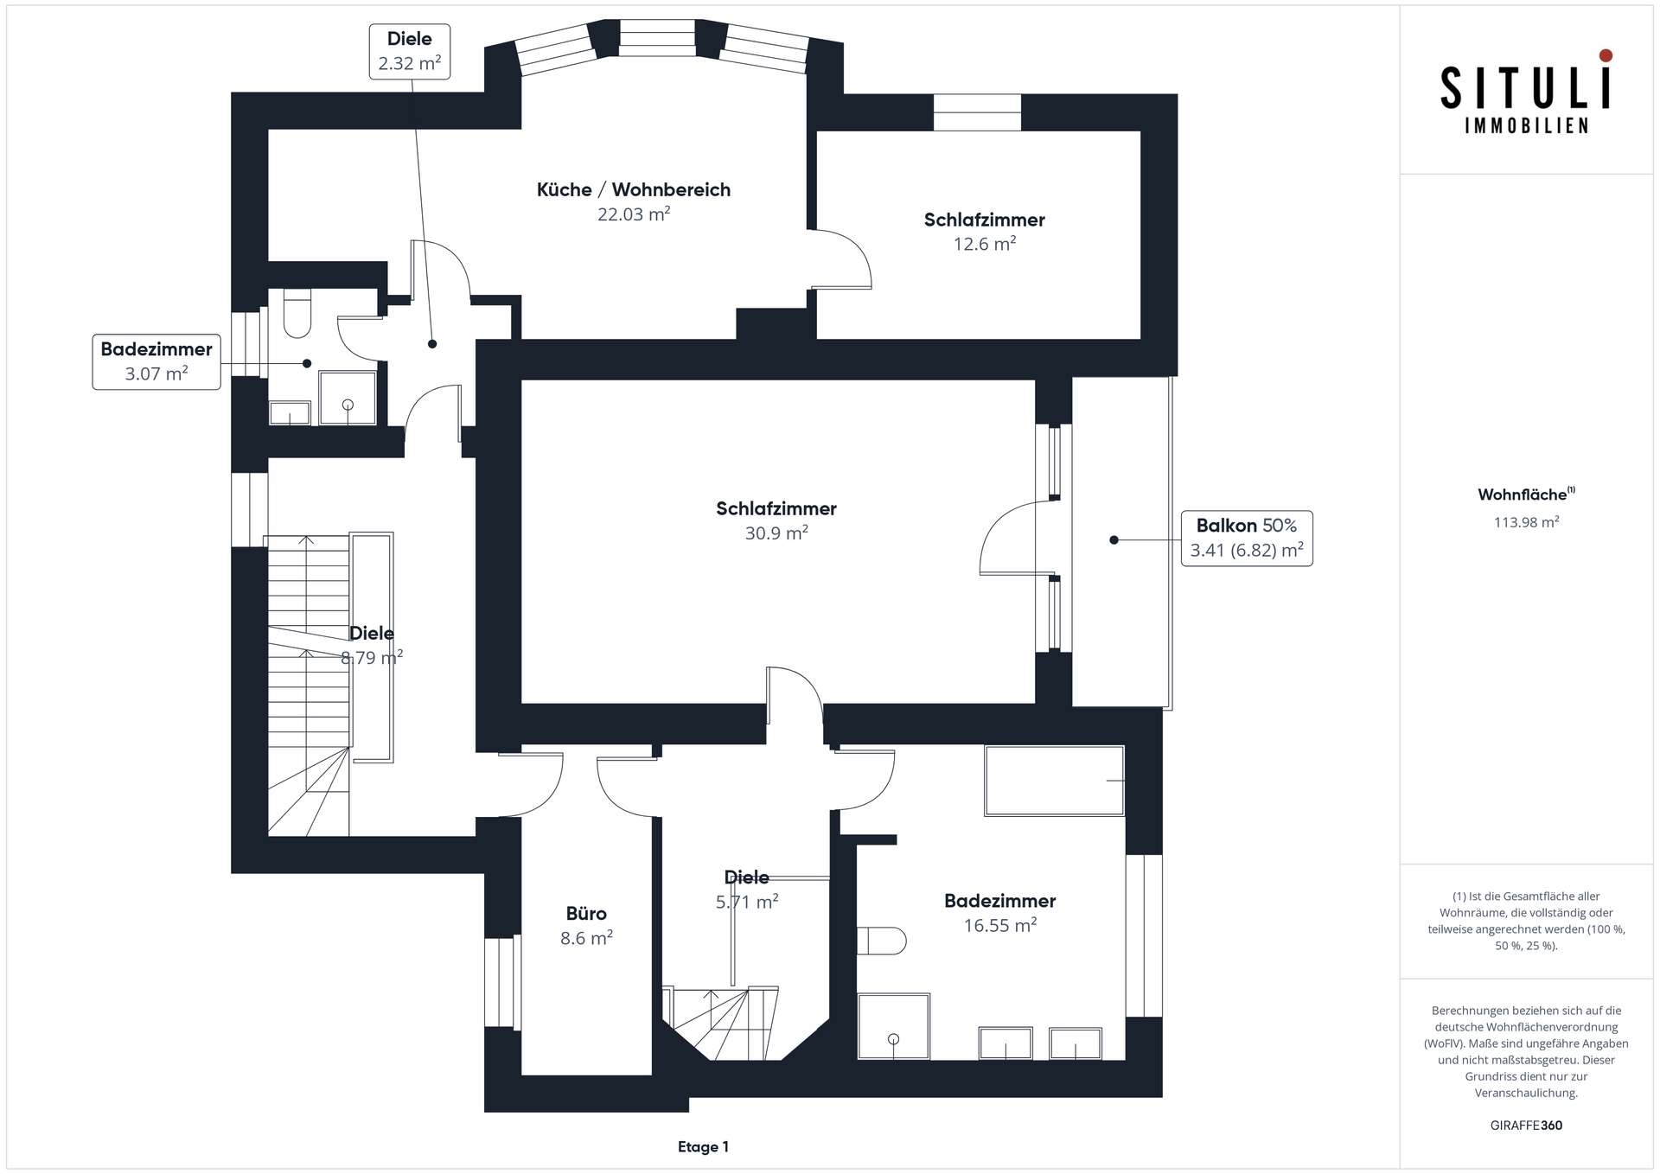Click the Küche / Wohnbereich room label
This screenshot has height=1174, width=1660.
tap(633, 190)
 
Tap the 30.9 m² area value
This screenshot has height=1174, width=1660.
tap(776, 533)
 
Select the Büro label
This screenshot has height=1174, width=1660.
tap(586, 913)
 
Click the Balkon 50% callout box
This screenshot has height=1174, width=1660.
tap(1247, 539)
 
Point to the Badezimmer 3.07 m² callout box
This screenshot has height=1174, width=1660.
tap(156, 362)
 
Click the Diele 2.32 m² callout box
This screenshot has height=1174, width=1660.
tap(410, 52)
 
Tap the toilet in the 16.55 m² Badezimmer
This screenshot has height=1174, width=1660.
tap(881, 941)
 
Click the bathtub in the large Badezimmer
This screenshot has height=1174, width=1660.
tap(1054, 781)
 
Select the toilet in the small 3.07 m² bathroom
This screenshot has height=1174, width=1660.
tap(297, 313)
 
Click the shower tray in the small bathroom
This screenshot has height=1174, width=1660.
tap(348, 398)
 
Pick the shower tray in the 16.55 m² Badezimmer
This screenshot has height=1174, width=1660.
tap(894, 1026)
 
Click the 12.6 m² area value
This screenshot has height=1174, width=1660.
tap(984, 245)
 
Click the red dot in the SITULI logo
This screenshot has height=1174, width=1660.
tap(1606, 56)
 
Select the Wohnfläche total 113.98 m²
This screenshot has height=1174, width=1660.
tap(1526, 522)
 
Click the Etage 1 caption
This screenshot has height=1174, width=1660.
tap(703, 1147)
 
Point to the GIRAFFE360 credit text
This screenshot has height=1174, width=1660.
tap(1526, 1126)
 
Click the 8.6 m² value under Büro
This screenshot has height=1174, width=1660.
tap(586, 938)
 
